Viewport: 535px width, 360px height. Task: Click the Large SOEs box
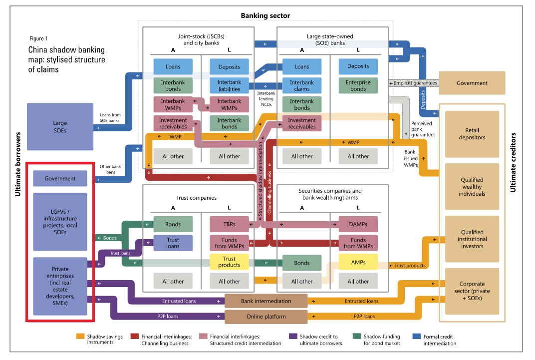click(60, 127)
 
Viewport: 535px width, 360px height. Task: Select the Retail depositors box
click(472, 134)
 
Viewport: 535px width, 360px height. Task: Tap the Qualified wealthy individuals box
click(472, 187)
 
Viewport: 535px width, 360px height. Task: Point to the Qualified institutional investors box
click(472, 239)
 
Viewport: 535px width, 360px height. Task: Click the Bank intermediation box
click(266, 301)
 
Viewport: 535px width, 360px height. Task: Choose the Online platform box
click(266, 317)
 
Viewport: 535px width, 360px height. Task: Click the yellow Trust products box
click(229, 262)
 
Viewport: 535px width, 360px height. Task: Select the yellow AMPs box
click(358, 262)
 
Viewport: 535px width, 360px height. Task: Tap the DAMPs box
click(358, 224)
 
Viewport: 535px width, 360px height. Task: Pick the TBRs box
click(229, 224)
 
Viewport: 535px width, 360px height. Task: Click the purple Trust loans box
click(173, 243)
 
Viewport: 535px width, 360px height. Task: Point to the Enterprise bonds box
click(358, 85)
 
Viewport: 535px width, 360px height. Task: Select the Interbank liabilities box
click(229, 85)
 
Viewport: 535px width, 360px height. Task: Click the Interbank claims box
click(301, 85)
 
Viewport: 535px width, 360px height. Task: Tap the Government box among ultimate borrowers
click(60, 178)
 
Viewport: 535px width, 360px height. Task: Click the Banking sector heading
click(265, 15)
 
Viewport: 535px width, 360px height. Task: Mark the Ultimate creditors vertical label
click(513, 162)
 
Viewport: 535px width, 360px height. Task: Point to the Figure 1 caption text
click(39, 38)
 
